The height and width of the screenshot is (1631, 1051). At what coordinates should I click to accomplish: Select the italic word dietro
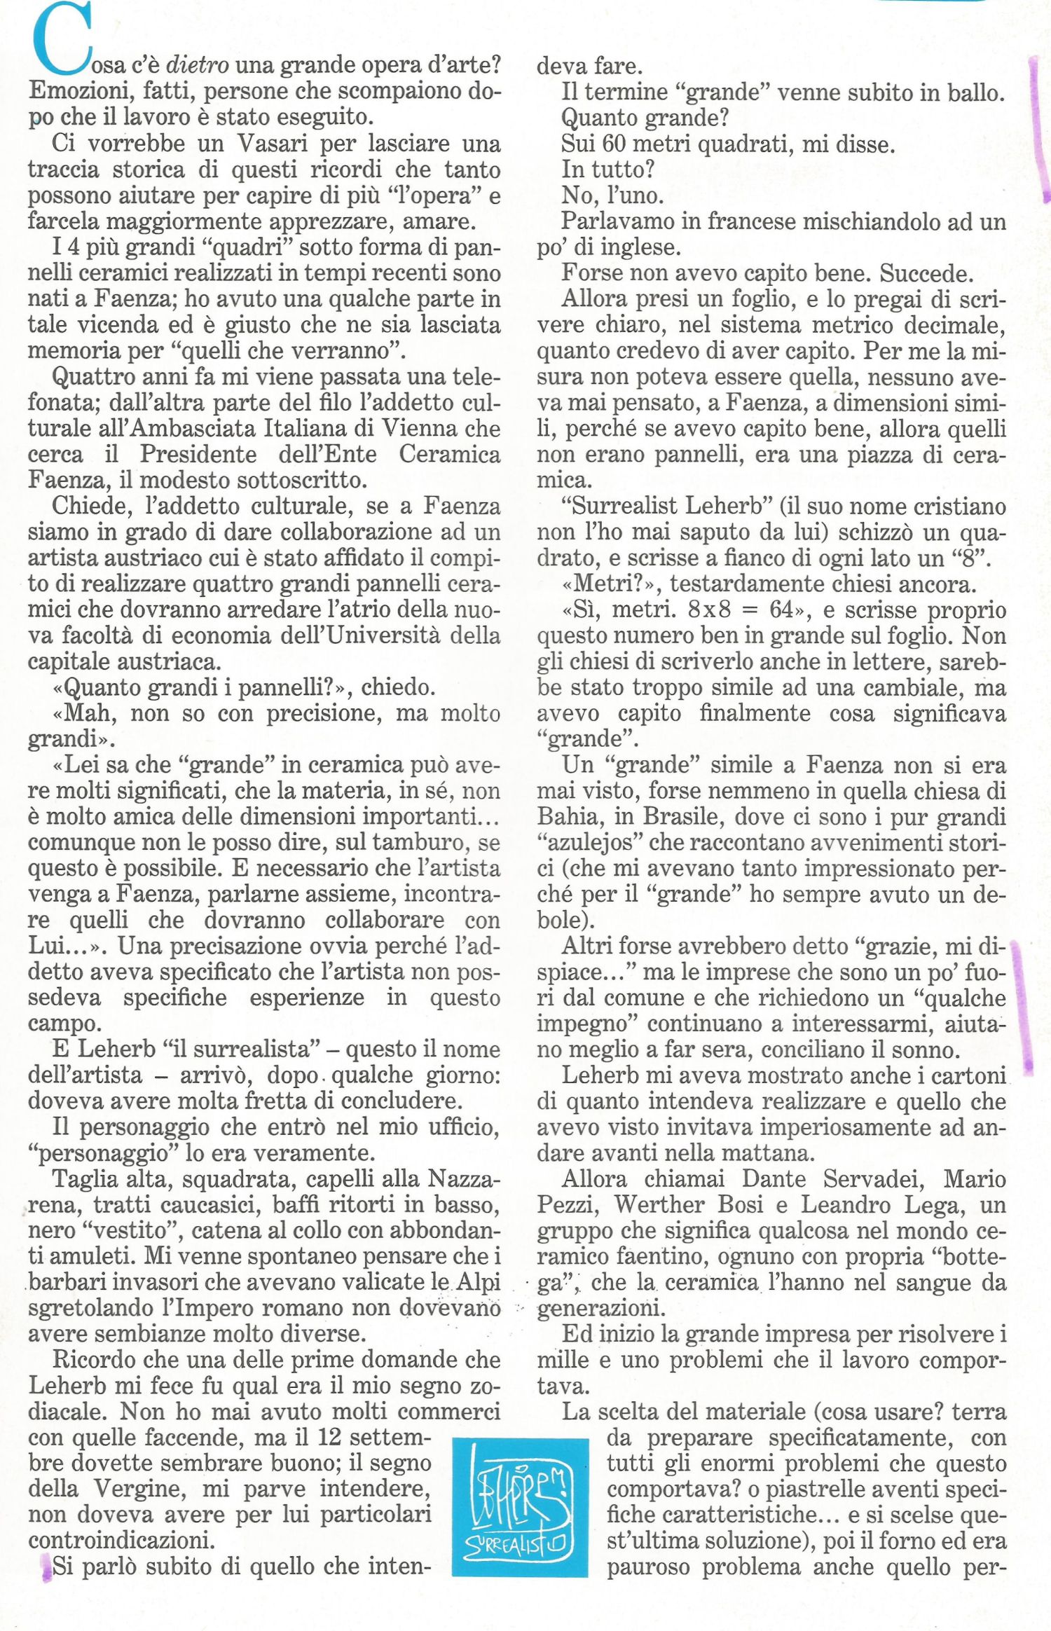197,65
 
